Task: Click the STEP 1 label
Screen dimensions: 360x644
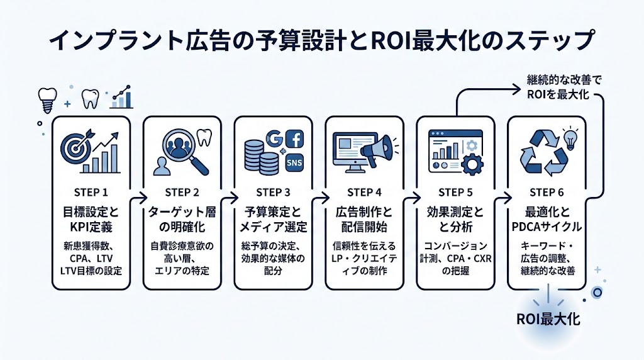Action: [92, 192]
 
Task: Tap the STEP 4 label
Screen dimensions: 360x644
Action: [364, 192]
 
